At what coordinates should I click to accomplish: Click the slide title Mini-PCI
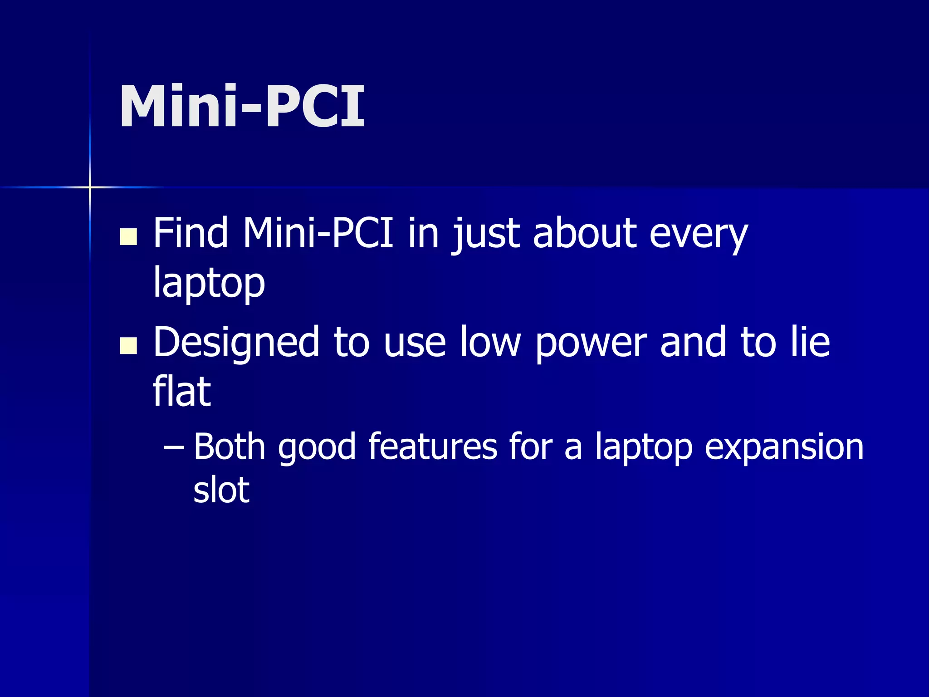pos(242,107)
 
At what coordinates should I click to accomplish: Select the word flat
pos(181,391)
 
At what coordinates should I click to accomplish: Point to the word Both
pos(230,447)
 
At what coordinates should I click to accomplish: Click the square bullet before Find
pos(128,236)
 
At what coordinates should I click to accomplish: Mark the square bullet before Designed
pos(128,345)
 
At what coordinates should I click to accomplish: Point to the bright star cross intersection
pos(90,187)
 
